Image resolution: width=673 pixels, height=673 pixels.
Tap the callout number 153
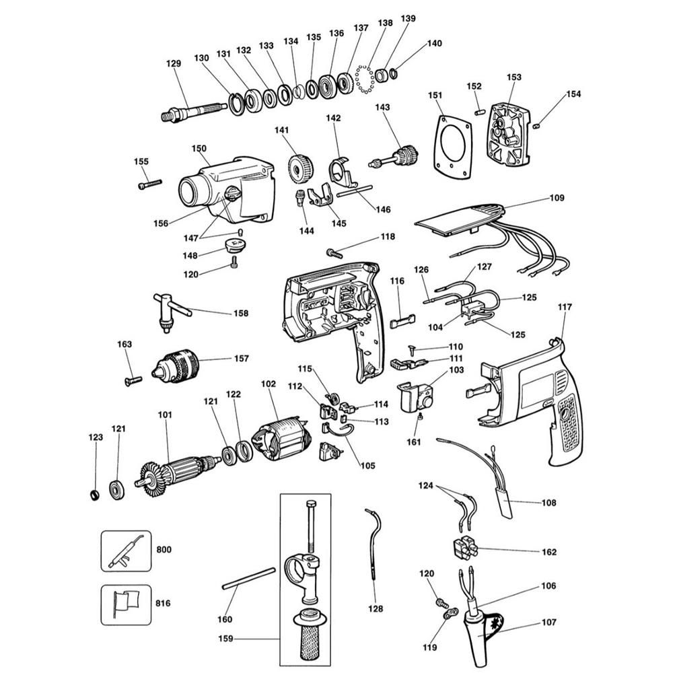coord(513,77)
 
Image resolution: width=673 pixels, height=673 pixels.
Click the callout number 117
coord(564,308)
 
